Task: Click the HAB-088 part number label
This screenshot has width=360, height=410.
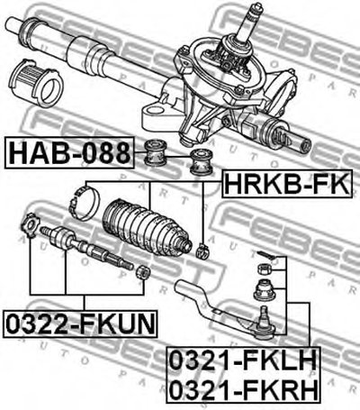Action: tap(69, 152)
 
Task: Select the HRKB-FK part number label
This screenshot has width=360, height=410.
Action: tap(287, 184)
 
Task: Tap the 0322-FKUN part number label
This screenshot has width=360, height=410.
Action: tap(80, 323)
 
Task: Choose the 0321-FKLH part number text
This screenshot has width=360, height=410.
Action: tap(243, 360)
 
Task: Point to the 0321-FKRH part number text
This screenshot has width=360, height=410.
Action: tap(243, 388)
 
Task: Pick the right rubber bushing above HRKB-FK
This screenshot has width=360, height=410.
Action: tap(202, 162)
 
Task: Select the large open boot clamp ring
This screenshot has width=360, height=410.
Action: tap(84, 203)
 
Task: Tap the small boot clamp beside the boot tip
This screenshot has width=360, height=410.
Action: tap(202, 251)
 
